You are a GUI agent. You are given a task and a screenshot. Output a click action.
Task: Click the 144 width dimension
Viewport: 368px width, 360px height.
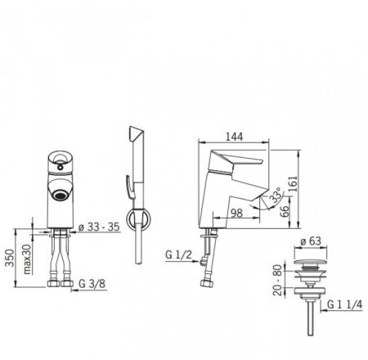(x=234, y=137)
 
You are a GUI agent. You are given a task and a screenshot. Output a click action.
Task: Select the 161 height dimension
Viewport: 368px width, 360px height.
(x=293, y=183)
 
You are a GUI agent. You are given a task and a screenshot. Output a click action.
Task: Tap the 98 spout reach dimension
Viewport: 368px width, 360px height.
(x=236, y=213)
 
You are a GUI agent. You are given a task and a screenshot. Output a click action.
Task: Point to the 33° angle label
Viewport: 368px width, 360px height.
(x=276, y=195)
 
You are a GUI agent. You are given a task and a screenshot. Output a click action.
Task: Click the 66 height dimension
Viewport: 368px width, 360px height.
(x=285, y=211)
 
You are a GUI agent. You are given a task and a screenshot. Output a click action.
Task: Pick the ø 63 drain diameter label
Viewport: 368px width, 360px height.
(x=311, y=241)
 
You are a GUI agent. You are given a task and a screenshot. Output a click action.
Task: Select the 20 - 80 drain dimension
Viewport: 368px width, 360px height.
(x=277, y=279)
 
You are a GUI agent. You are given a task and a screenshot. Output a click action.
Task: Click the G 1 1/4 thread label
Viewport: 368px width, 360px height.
(x=345, y=304)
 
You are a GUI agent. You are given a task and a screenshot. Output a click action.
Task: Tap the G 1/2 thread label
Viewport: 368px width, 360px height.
(x=178, y=254)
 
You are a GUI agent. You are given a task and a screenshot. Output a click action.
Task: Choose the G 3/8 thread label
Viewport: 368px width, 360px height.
(x=92, y=284)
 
